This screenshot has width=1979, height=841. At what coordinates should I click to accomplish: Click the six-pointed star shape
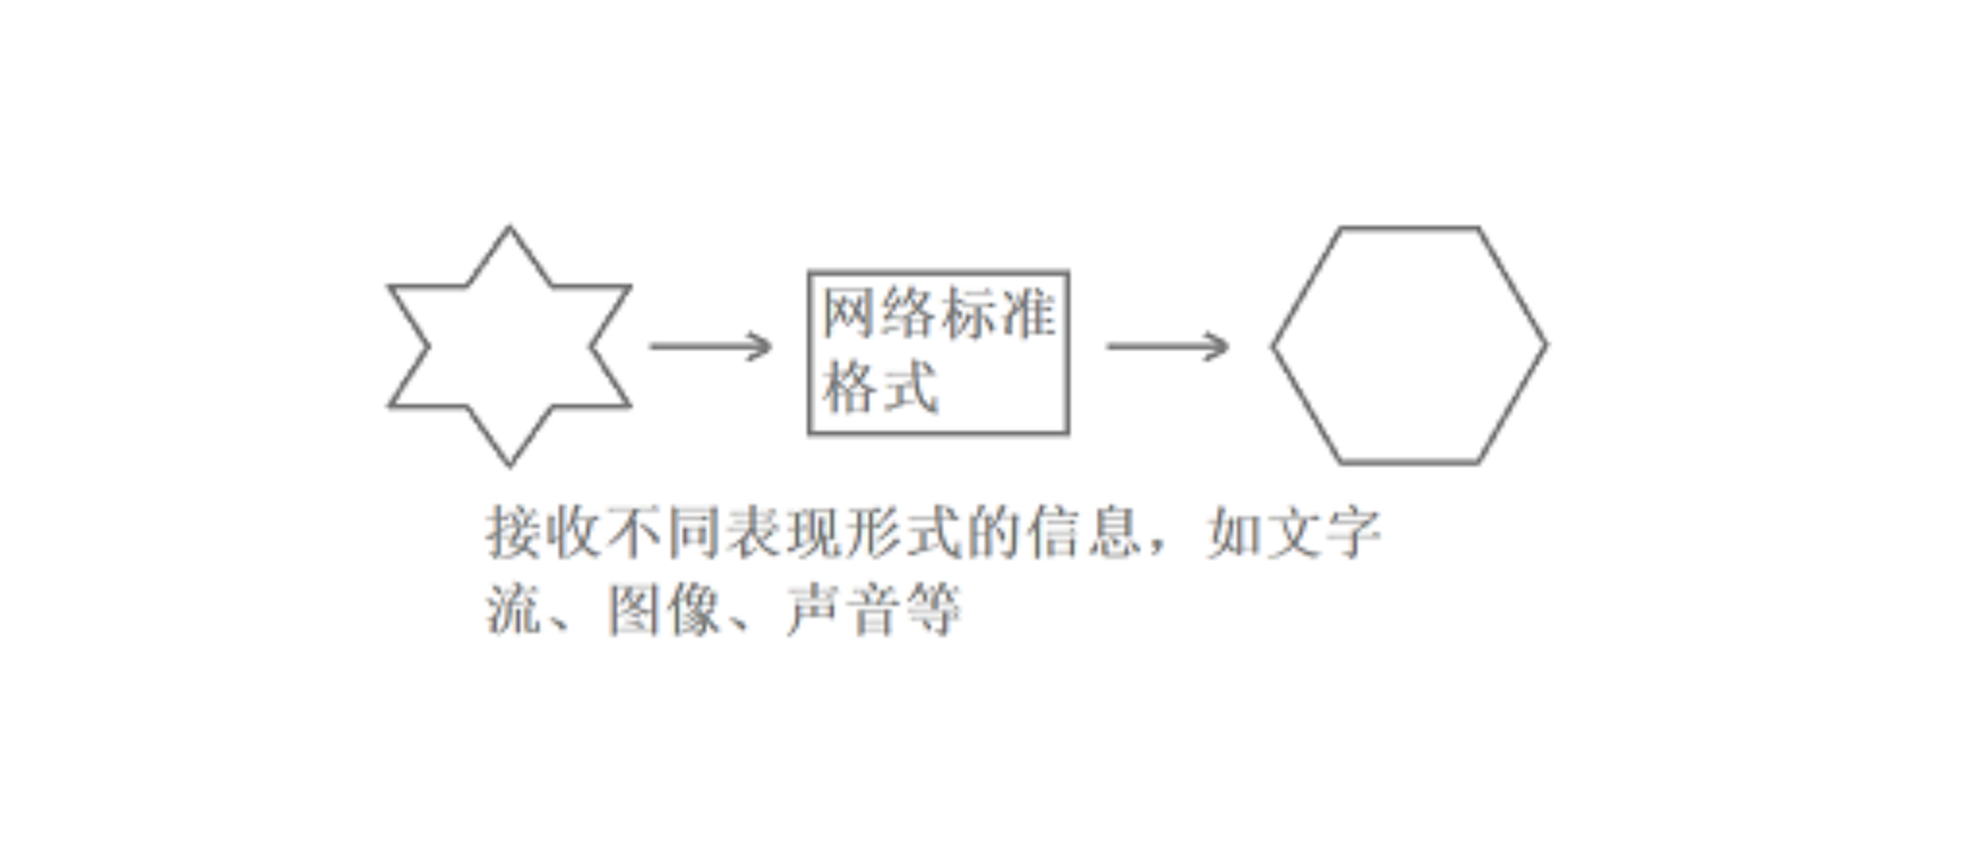click(510, 347)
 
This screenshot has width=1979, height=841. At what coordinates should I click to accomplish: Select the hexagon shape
click(1409, 346)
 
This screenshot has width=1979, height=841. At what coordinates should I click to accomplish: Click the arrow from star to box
click(710, 346)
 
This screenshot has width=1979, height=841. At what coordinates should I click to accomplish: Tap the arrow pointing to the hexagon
click(1167, 346)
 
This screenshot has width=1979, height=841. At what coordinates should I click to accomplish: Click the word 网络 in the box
click(880, 313)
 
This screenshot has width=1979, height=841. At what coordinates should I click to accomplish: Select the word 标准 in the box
click(998, 313)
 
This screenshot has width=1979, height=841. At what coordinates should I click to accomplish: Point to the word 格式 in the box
click(880, 387)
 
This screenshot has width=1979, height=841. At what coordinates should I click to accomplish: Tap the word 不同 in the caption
click(665, 532)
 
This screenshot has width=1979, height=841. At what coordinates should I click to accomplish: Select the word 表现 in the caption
click(786, 532)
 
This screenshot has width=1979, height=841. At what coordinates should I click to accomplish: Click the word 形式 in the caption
click(906, 532)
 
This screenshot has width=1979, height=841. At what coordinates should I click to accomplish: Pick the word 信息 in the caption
click(1086, 532)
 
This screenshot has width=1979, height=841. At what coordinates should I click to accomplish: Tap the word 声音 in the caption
click(842, 609)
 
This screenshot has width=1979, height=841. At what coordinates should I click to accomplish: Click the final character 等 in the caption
click(931, 609)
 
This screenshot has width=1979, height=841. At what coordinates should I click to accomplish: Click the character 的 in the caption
click(996, 532)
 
